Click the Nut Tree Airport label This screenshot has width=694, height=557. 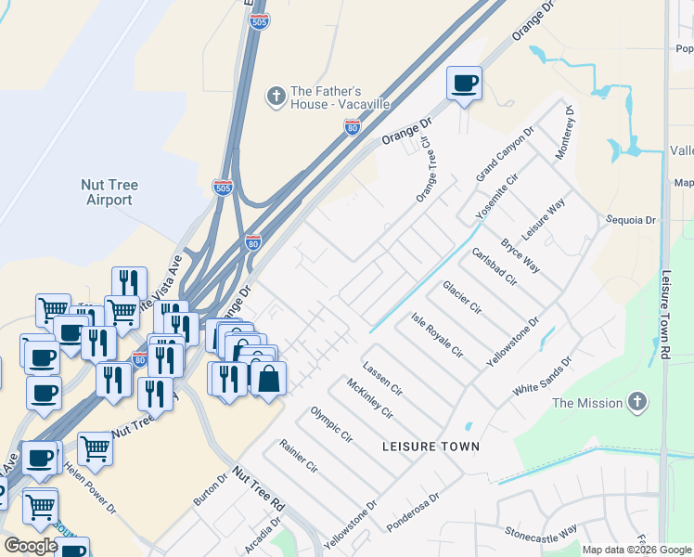(x=110, y=192)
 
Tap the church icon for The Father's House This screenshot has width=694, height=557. (x=275, y=96)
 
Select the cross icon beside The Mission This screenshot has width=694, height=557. (x=636, y=402)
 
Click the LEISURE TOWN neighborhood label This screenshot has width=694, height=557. (x=431, y=447)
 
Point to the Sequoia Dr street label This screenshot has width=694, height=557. (x=630, y=220)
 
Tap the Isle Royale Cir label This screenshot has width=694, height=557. (x=437, y=335)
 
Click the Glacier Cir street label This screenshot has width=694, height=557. (x=462, y=296)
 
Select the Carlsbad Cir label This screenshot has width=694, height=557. (x=494, y=267)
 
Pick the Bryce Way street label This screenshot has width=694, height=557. (x=520, y=255)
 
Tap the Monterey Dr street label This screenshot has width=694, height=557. (x=565, y=134)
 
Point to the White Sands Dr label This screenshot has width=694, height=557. (x=543, y=373)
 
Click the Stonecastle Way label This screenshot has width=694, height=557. (x=541, y=531)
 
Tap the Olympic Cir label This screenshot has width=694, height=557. (x=331, y=424)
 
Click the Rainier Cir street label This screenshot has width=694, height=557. (x=299, y=456)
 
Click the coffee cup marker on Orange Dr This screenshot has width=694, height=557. (x=465, y=84)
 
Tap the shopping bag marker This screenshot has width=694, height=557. (x=268, y=379)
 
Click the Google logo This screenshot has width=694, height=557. (x=31, y=546)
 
